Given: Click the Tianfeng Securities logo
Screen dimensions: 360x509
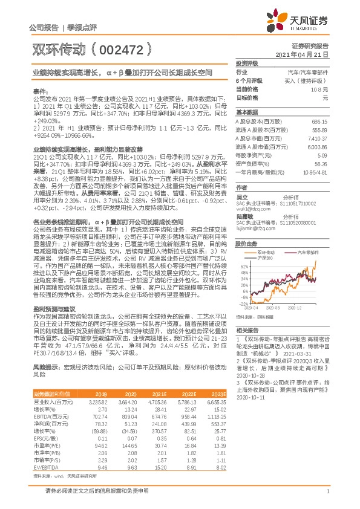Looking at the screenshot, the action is tap(308, 21).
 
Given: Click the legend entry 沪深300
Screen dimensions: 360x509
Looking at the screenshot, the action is tap(265, 258).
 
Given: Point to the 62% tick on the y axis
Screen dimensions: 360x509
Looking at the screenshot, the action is tap(243, 265).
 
